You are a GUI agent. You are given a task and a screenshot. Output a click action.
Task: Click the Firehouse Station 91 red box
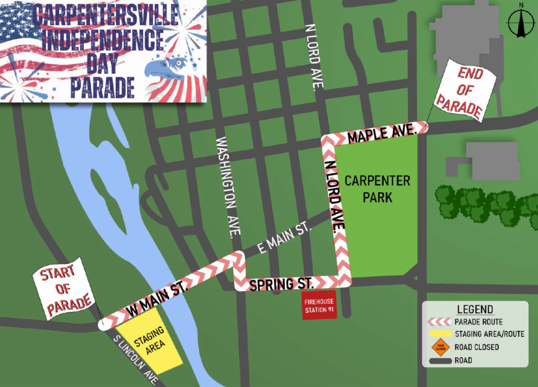[x=319, y=306]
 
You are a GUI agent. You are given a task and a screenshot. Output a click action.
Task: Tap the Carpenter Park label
[x=377, y=189]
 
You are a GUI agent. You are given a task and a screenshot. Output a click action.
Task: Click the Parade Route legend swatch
[x=438, y=322]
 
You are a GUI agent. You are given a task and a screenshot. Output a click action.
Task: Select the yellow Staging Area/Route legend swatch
[x=438, y=334]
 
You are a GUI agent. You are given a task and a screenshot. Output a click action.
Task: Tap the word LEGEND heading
[x=475, y=309]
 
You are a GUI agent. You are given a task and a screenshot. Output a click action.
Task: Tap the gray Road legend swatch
[x=438, y=360]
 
